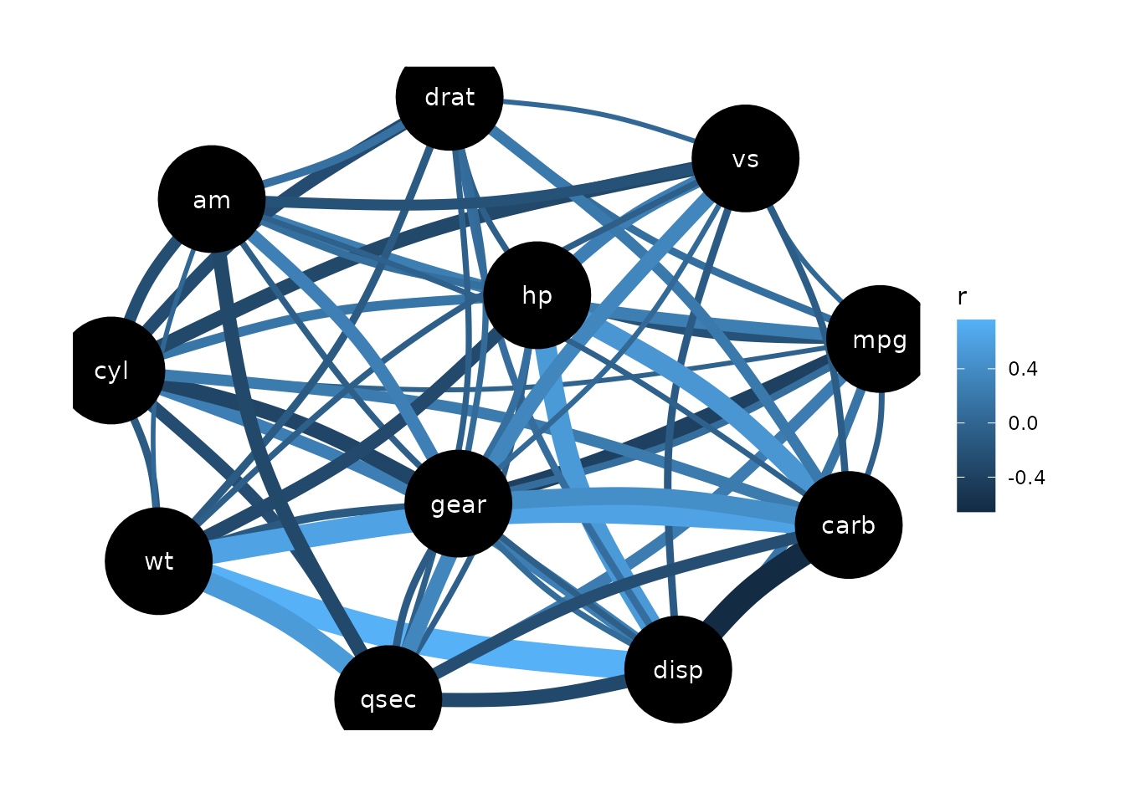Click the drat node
coord(449,97)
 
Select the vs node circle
coord(745,158)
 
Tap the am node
coord(212,199)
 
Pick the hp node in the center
coord(537,295)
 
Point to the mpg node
coord(879,339)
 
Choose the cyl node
coord(111,370)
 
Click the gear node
coord(458,504)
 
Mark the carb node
coord(848,524)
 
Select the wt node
coord(158,560)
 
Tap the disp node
coord(677,669)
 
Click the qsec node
coord(388,698)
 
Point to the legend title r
coord(962,297)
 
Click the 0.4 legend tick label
coord(1022,369)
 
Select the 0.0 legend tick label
coord(1022,423)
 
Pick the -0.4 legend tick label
coord(1025,478)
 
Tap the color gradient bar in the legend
coord(975,415)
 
